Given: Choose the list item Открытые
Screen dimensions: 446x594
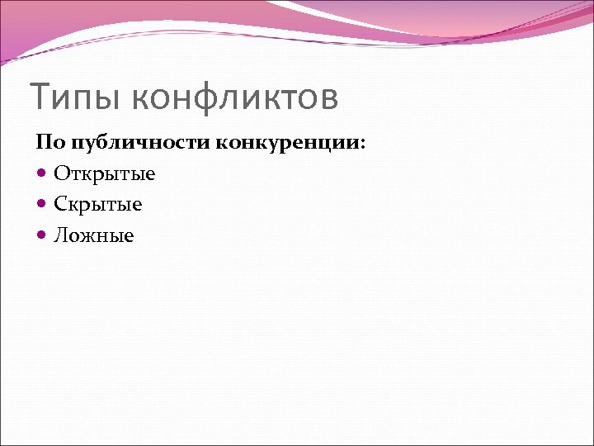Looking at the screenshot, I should [105, 173].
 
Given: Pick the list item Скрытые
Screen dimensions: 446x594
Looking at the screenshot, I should [98, 205].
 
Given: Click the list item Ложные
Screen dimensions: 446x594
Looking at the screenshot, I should [94, 236].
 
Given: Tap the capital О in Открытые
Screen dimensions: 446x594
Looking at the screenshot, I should [62, 173].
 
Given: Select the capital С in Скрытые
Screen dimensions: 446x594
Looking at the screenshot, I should [61, 205].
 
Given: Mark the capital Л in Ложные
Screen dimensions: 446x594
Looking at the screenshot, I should [61, 236].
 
